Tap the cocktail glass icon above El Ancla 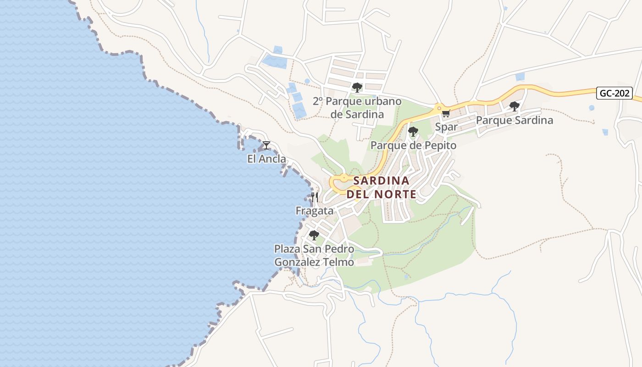click(266, 145)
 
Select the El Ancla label click(266, 159)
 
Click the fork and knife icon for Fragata click(315, 197)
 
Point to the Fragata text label click(315, 211)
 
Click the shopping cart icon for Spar click(446, 113)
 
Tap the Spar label click(446, 127)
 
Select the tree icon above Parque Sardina click(514, 106)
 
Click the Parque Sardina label click(514, 120)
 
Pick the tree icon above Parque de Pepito click(413, 132)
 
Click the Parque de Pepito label click(413, 145)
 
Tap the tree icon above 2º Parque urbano click(357, 87)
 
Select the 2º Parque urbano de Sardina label click(357, 108)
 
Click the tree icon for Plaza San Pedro click(314, 235)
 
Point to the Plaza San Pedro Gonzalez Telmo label click(314, 256)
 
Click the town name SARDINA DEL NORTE click(381, 187)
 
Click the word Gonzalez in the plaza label click(296, 262)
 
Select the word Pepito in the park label click(440, 145)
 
